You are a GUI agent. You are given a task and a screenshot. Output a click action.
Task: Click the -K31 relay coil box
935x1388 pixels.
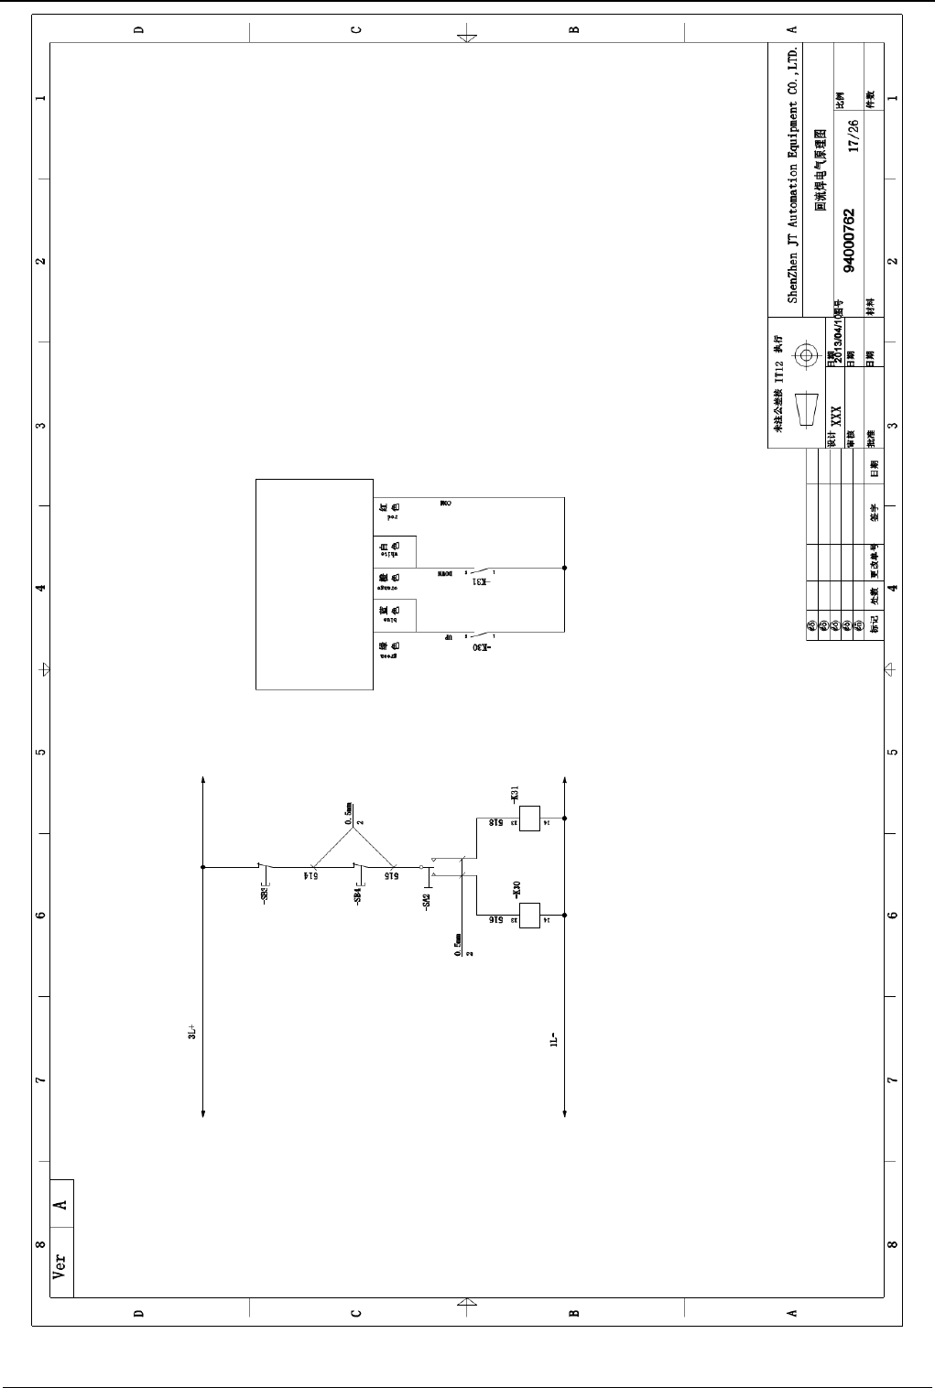[529, 818]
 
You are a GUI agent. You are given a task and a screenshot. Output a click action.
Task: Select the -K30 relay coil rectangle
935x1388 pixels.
[529, 915]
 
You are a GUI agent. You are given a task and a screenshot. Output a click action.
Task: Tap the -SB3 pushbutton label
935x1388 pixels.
[265, 894]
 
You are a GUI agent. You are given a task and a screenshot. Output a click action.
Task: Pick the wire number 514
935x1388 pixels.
[311, 876]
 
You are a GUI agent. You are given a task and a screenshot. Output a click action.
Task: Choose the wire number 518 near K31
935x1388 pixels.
[495, 823]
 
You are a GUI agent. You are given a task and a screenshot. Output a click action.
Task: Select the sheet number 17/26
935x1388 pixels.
[853, 135]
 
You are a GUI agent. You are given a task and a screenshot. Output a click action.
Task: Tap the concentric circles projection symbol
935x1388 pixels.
[807, 355]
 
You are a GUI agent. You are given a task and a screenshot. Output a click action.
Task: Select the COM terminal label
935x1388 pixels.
[446, 504]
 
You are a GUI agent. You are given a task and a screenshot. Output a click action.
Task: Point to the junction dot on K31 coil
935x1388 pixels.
[565, 818]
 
